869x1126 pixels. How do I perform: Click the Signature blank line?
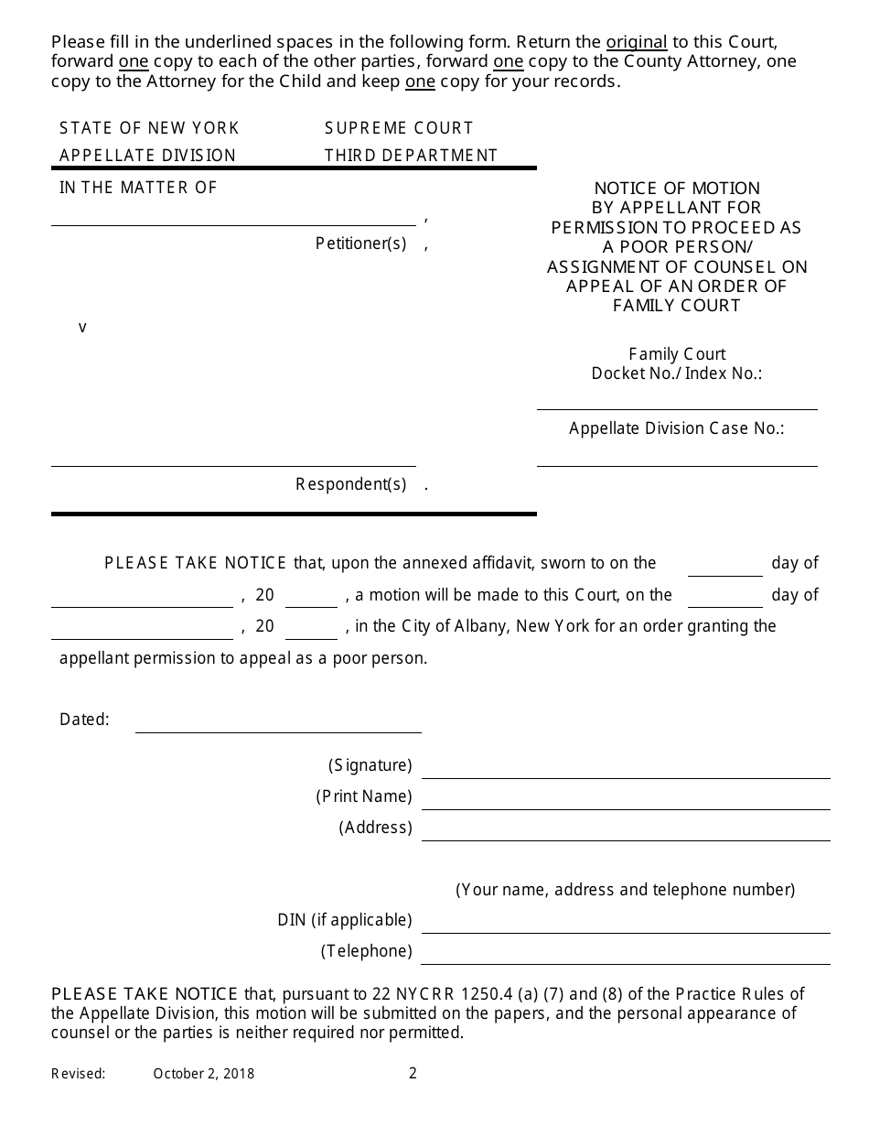pyautogui.click(x=625, y=771)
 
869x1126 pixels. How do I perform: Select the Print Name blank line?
pyautogui.click(x=625, y=802)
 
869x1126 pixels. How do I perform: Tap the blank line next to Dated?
pyautogui.click(x=278, y=725)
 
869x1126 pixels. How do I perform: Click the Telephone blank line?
pyautogui.click(x=625, y=957)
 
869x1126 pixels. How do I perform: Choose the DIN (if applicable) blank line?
pyautogui.click(x=625, y=926)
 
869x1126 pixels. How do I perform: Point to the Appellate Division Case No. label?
pyautogui.click(x=676, y=428)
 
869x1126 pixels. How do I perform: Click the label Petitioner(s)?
pyautogui.click(x=360, y=244)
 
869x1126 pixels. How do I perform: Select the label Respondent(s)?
pyautogui.click(x=350, y=484)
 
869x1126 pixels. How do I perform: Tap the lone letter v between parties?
pyautogui.click(x=82, y=327)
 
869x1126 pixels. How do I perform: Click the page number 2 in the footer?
pyautogui.click(x=413, y=1073)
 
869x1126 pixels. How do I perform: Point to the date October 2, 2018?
pyautogui.click(x=203, y=1074)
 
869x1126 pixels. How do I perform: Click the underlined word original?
pyautogui.click(x=636, y=42)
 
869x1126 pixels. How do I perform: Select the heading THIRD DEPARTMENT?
pyautogui.click(x=411, y=156)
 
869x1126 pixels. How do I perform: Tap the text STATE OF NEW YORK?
pyautogui.click(x=149, y=128)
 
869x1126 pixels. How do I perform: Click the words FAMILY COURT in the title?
pyautogui.click(x=676, y=306)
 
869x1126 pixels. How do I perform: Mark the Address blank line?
pyautogui.click(x=625, y=833)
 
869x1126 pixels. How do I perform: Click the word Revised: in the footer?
pyautogui.click(x=79, y=1074)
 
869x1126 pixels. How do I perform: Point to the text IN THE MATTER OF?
pyautogui.click(x=138, y=188)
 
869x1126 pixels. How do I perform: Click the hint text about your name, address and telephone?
pyautogui.click(x=625, y=890)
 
